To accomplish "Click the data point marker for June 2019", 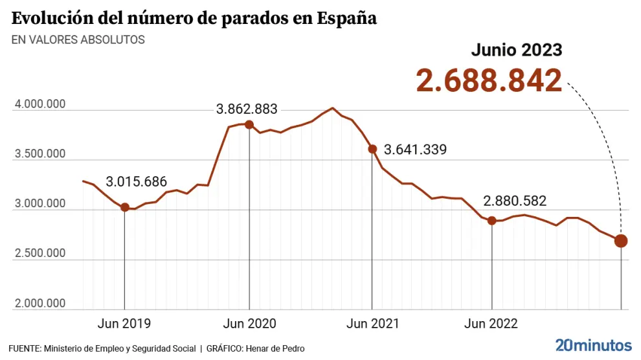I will click(x=124, y=207).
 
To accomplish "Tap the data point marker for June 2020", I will click(x=249, y=124).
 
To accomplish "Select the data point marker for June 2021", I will click(x=372, y=149).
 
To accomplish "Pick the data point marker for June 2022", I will click(x=492, y=221).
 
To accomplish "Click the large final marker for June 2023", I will click(x=621, y=241).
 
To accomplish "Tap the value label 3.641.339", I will click(x=415, y=150).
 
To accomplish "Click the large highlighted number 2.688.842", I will click(x=489, y=81).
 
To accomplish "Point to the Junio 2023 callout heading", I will click(x=516, y=50).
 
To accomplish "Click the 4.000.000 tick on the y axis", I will click(x=39, y=105).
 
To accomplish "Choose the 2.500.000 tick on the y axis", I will click(x=39, y=253).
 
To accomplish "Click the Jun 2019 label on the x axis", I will click(x=124, y=323).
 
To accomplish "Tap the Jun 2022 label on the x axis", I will click(x=491, y=323).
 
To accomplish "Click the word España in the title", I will click(x=347, y=18).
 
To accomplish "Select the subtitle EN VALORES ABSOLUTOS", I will click(x=78, y=39).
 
